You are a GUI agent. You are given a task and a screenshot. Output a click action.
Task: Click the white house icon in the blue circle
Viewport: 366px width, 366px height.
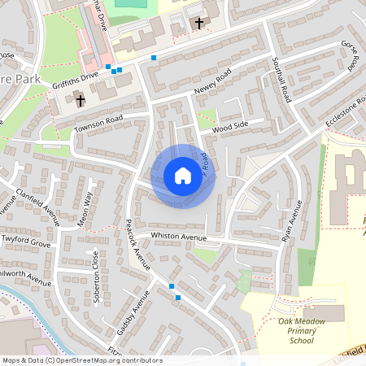click(182, 176)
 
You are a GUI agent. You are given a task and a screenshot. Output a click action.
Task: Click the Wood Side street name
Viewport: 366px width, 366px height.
click(229, 127)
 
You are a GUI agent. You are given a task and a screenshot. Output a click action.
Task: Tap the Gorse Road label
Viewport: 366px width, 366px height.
click(351, 54)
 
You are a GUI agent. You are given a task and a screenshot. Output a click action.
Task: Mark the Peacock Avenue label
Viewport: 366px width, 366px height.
click(135, 244)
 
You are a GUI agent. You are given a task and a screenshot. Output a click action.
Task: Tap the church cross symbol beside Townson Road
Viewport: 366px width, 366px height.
click(80, 101)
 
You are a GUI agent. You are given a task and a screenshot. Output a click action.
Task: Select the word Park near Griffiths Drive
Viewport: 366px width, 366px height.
click(17, 82)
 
